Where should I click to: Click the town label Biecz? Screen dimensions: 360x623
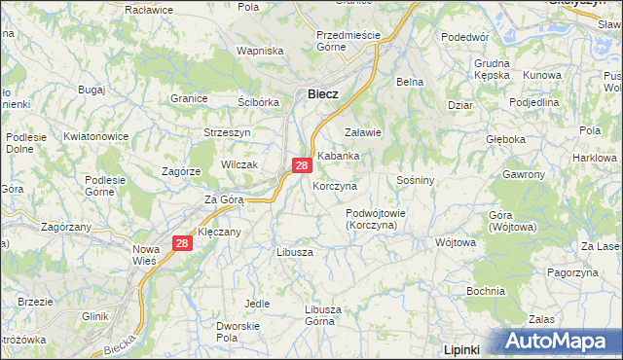(322, 94)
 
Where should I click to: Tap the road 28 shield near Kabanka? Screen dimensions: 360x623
(302, 166)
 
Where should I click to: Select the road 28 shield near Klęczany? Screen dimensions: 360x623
(181, 244)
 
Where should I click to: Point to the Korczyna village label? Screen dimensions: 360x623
(335, 185)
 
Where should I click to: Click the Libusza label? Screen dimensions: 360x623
(294, 251)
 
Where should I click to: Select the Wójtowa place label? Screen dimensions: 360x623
(455, 242)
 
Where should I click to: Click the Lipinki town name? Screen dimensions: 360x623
(465, 347)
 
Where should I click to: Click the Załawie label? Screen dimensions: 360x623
(363, 132)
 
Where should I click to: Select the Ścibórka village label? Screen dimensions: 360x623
(259, 101)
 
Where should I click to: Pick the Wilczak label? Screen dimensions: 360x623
(238, 164)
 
